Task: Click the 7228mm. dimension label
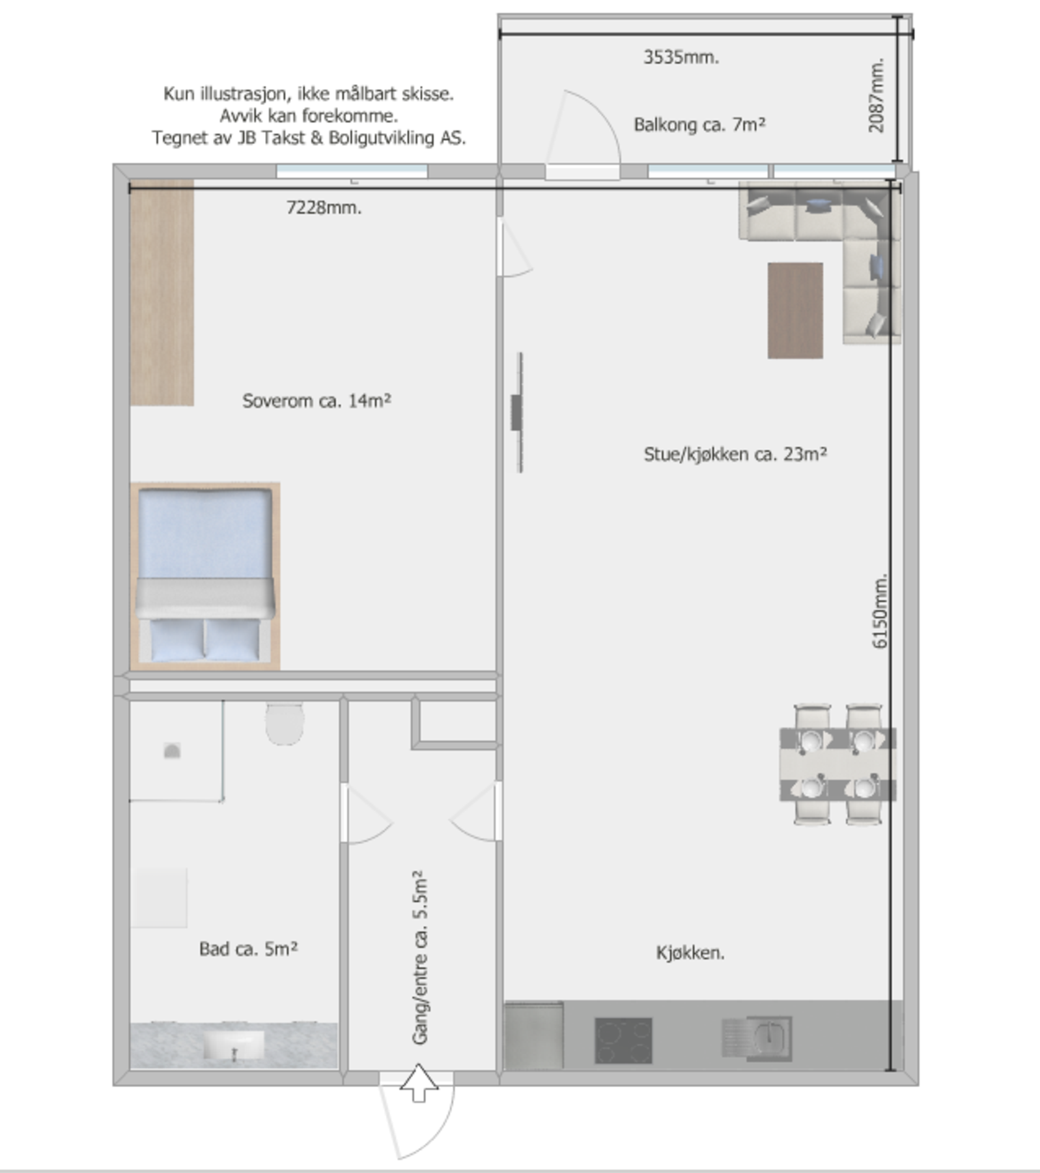point(324,208)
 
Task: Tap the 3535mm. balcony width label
point(681,57)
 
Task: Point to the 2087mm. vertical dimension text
point(877,96)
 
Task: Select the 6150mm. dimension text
point(880,611)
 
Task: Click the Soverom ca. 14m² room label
point(316,400)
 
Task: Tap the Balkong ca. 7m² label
point(699,124)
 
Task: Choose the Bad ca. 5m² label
point(248,949)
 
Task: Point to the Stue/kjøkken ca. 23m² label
point(735,454)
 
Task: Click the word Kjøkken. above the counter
point(690,953)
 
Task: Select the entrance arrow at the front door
point(418,1083)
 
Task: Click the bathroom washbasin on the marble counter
point(234,1045)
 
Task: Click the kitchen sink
point(770,1037)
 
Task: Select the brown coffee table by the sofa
point(795,310)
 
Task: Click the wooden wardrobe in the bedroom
point(162,293)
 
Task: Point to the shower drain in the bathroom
point(171,751)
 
